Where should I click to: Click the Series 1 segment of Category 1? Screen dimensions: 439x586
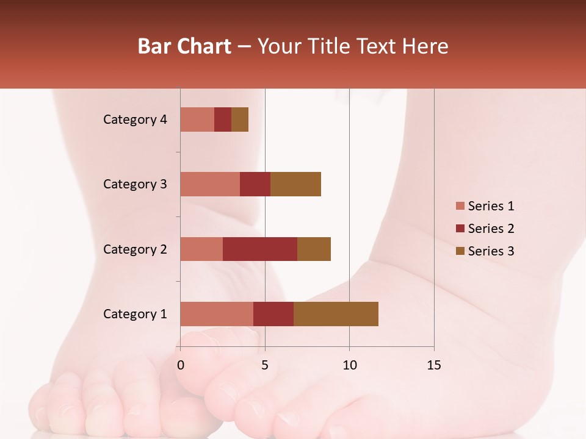(217, 314)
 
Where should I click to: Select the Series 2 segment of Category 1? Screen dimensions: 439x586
(273, 314)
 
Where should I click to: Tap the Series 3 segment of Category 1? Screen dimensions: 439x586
(336, 314)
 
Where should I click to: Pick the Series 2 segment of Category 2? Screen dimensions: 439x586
(260, 249)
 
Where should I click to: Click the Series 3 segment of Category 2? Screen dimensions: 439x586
(314, 249)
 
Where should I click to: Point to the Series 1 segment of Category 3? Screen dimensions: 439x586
(210, 184)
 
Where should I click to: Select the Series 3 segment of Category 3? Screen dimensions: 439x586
(295, 184)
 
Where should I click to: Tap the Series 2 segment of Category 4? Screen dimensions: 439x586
(223, 120)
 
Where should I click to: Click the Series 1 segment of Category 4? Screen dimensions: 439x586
(197, 120)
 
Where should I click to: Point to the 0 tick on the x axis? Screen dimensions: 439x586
(181, 365)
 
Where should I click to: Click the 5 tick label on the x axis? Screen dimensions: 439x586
(265, 365)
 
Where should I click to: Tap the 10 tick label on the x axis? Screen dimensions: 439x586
(349, 365)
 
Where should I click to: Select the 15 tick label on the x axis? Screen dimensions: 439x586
(434, 365)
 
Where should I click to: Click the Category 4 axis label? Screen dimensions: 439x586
(135, 120)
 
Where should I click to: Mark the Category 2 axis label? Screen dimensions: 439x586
(135, 249)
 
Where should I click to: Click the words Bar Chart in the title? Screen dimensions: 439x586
(184, 46)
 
